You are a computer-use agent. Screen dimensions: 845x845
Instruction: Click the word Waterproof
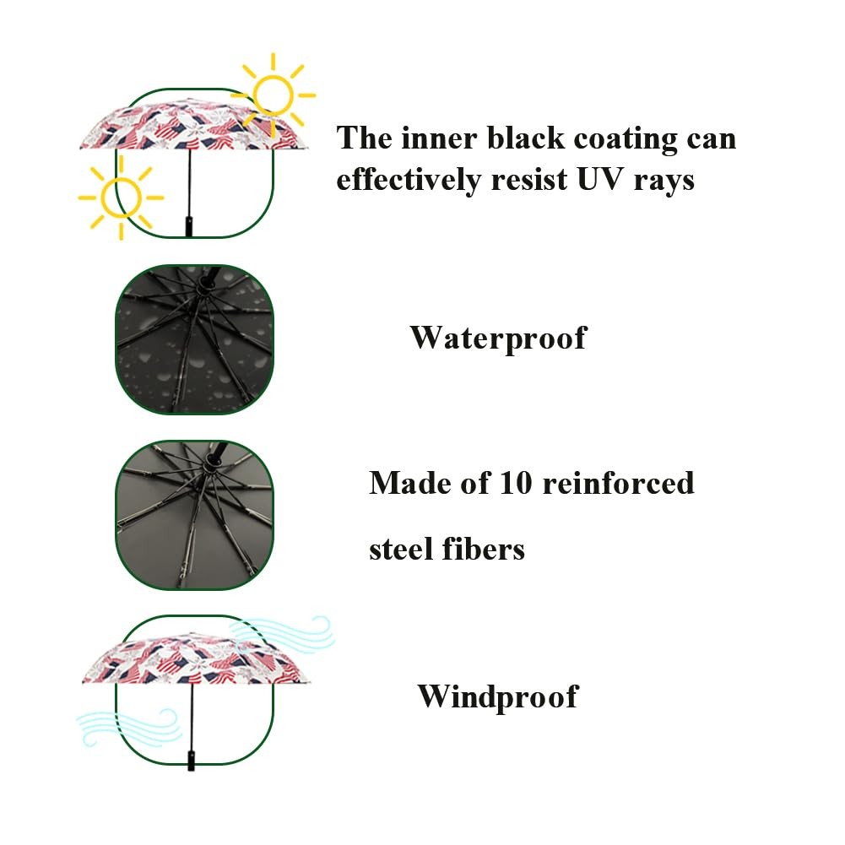coord(498,339)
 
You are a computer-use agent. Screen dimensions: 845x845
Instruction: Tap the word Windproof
coord(498,697)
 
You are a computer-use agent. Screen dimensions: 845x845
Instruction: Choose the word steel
coord(401,550)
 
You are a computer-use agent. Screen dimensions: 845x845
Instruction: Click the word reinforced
coord(618,483)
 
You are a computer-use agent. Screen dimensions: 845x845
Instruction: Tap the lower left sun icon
coord(121,198)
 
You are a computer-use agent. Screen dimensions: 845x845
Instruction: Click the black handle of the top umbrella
coord(190,225)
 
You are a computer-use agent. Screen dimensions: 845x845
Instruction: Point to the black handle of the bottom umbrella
coord(192,757)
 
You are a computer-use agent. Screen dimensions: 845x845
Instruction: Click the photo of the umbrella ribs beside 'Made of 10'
coord(195,515)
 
